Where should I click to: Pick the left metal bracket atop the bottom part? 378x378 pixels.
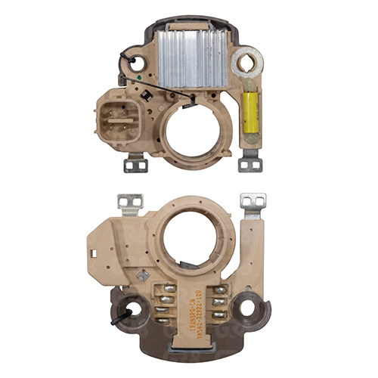point(131,203)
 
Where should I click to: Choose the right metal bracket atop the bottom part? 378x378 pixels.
point(253,203)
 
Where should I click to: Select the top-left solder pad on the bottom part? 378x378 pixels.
point(168,288)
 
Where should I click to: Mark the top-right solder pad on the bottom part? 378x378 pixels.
point(220,290)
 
